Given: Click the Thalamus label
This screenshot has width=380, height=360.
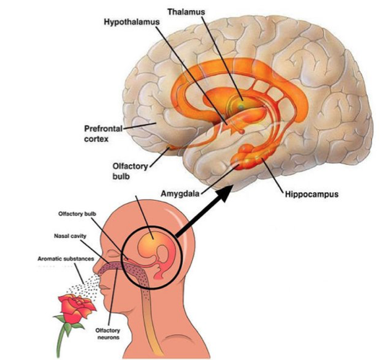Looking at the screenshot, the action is (186, 12).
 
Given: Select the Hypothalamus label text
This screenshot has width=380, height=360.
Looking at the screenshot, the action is (131, 22).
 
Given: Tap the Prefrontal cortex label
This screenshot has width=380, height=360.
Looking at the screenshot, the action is (103, 134).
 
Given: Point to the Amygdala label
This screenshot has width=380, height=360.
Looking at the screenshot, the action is (180, 194).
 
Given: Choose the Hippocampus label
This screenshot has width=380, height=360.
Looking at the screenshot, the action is (311, 194).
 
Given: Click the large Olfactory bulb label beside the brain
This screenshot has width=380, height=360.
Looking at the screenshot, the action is (130, 171).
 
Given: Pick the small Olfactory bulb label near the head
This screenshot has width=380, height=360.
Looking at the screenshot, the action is (77, 214).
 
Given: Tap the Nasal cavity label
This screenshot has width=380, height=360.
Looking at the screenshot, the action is (70, 236).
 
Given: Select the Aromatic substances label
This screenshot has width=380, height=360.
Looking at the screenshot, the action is (66, 259).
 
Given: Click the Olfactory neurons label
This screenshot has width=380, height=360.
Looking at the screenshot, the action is (108, 333).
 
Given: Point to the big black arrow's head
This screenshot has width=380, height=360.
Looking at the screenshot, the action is (225, 192).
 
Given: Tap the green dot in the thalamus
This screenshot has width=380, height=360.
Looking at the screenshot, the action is (241, 106).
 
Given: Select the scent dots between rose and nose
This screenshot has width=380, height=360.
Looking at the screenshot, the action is (85, 288).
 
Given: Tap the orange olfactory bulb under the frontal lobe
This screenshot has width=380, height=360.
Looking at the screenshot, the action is (171, 147).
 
